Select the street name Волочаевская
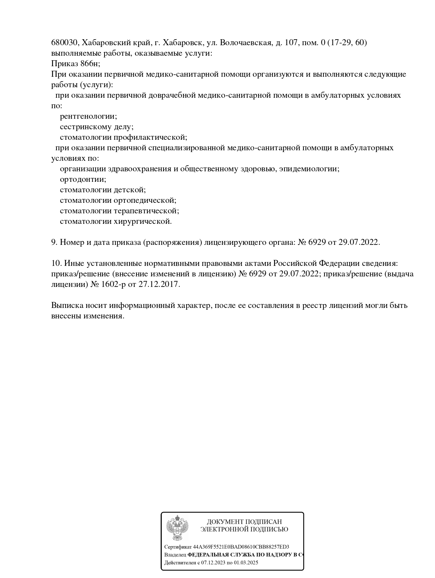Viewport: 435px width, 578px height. coord(246,43)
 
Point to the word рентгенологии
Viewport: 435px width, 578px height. coord(88,116)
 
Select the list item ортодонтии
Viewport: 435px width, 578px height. coord(83,179)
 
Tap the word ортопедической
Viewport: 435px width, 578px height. coord(145,200)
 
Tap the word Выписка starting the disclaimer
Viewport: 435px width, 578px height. coord(67,305)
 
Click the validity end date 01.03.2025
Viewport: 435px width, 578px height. coord(246,563)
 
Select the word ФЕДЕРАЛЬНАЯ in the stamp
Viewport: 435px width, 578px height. coord(212,555)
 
